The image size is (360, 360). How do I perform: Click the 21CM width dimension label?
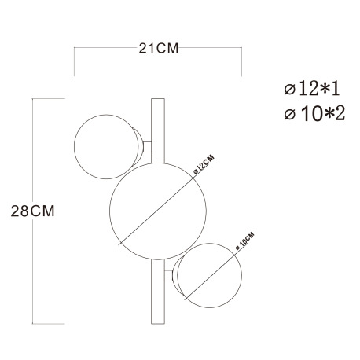159,49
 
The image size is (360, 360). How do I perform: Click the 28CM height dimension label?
33,211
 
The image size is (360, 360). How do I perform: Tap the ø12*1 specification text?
312,89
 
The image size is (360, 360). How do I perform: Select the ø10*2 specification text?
314,114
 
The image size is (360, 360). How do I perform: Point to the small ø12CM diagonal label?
204,164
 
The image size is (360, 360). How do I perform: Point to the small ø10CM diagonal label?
244,241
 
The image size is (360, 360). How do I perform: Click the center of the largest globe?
158,211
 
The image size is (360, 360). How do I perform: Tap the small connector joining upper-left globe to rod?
147,147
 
